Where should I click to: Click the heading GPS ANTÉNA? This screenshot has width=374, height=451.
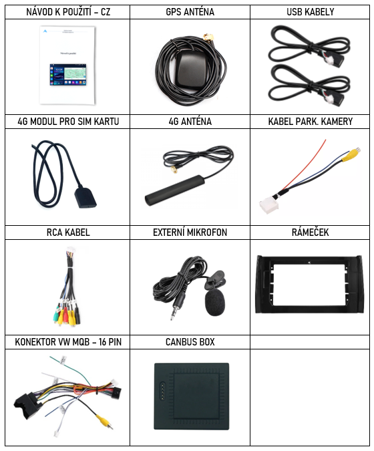click(190, 12)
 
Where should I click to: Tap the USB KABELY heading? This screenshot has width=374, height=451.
click(310, 12)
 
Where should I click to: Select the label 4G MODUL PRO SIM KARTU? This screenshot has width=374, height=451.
click(68, 122)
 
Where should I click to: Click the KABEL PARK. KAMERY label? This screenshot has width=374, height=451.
click(310, 122)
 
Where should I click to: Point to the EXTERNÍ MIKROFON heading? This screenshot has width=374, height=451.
click(190, 232)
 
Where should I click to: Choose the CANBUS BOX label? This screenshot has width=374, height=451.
click(190, 341)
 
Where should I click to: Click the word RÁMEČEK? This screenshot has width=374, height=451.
click(310, 232)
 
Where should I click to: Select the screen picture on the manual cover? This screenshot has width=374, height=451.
click(68, 75)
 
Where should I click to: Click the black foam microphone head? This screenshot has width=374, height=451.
click(215, 303)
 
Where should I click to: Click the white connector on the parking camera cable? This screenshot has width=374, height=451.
click(269, 206)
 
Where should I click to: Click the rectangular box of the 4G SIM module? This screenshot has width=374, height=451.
click(85, 197)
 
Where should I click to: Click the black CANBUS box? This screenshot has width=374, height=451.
click(192, 396)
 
